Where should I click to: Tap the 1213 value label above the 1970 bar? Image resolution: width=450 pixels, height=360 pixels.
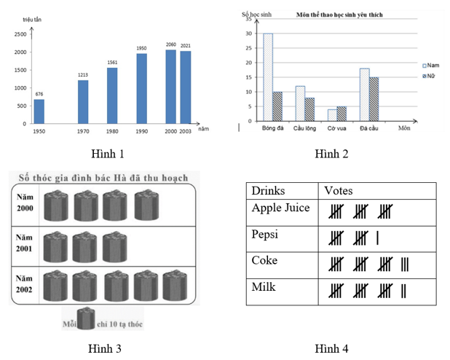(83, 74)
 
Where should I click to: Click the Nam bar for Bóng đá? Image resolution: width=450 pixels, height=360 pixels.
(268, 77)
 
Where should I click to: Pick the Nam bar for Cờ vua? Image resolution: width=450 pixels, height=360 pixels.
(332, 115)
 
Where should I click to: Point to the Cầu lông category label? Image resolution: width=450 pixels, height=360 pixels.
(304, 129)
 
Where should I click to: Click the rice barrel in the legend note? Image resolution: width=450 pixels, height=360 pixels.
(86, 318)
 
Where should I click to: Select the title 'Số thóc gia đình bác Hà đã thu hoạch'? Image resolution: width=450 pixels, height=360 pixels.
(99, 177)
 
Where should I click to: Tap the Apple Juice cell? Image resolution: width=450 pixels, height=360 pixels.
(280, 208)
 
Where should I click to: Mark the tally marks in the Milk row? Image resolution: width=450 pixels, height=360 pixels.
(367, 291)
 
